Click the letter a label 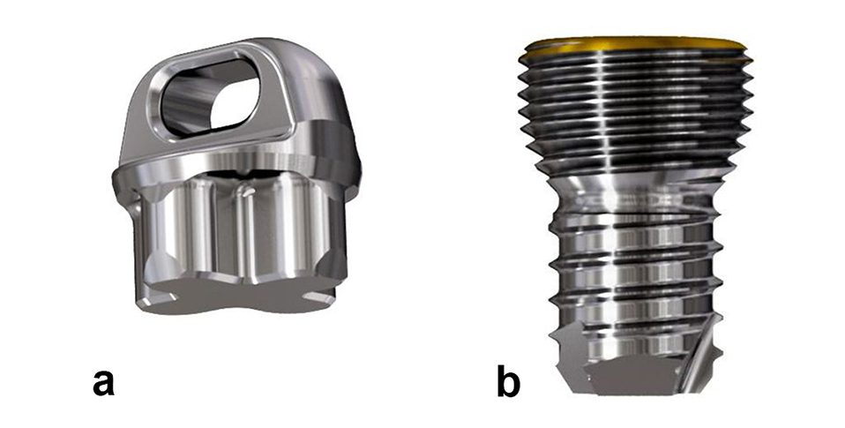click(x=103, y=382)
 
